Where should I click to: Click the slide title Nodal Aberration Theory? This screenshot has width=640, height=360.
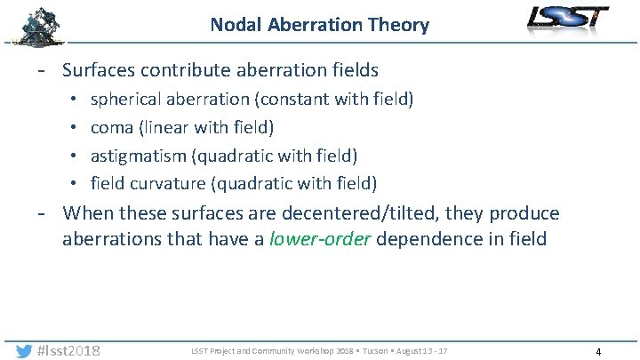(319, 24)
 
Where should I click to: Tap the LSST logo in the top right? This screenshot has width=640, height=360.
(567, 19)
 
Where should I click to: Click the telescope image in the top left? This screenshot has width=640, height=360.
(39, 25)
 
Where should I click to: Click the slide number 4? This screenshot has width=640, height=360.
(598, 352)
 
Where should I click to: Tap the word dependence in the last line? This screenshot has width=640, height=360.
(435, 240)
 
